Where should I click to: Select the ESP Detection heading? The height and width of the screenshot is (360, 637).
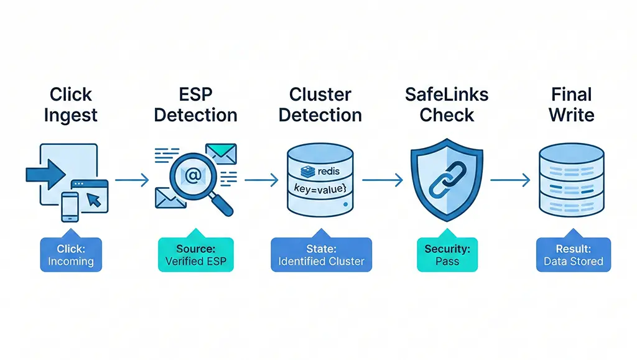[195, 105]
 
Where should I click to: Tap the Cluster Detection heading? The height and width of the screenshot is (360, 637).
[321, 105]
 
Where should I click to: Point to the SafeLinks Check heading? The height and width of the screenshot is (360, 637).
[447, 105]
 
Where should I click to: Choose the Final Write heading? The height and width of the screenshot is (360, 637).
[572, 105]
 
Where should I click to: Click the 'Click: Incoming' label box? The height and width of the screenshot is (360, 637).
[71, 254]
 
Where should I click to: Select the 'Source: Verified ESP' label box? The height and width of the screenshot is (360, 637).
[195, 254]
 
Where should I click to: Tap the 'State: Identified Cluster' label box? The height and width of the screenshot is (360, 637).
[321, 254]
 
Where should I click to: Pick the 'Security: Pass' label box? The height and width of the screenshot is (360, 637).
[447, 254]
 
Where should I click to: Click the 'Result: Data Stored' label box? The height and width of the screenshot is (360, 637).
[573, 254]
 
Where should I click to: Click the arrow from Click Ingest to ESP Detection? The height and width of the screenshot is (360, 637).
[132, 180]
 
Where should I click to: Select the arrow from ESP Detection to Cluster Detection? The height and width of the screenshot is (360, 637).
[261, 180]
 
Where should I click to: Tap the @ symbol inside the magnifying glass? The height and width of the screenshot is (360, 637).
[192, 176]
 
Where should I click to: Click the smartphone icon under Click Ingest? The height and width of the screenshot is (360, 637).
[69, 206]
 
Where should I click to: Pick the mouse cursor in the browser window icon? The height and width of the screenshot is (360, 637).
[94, 199]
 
